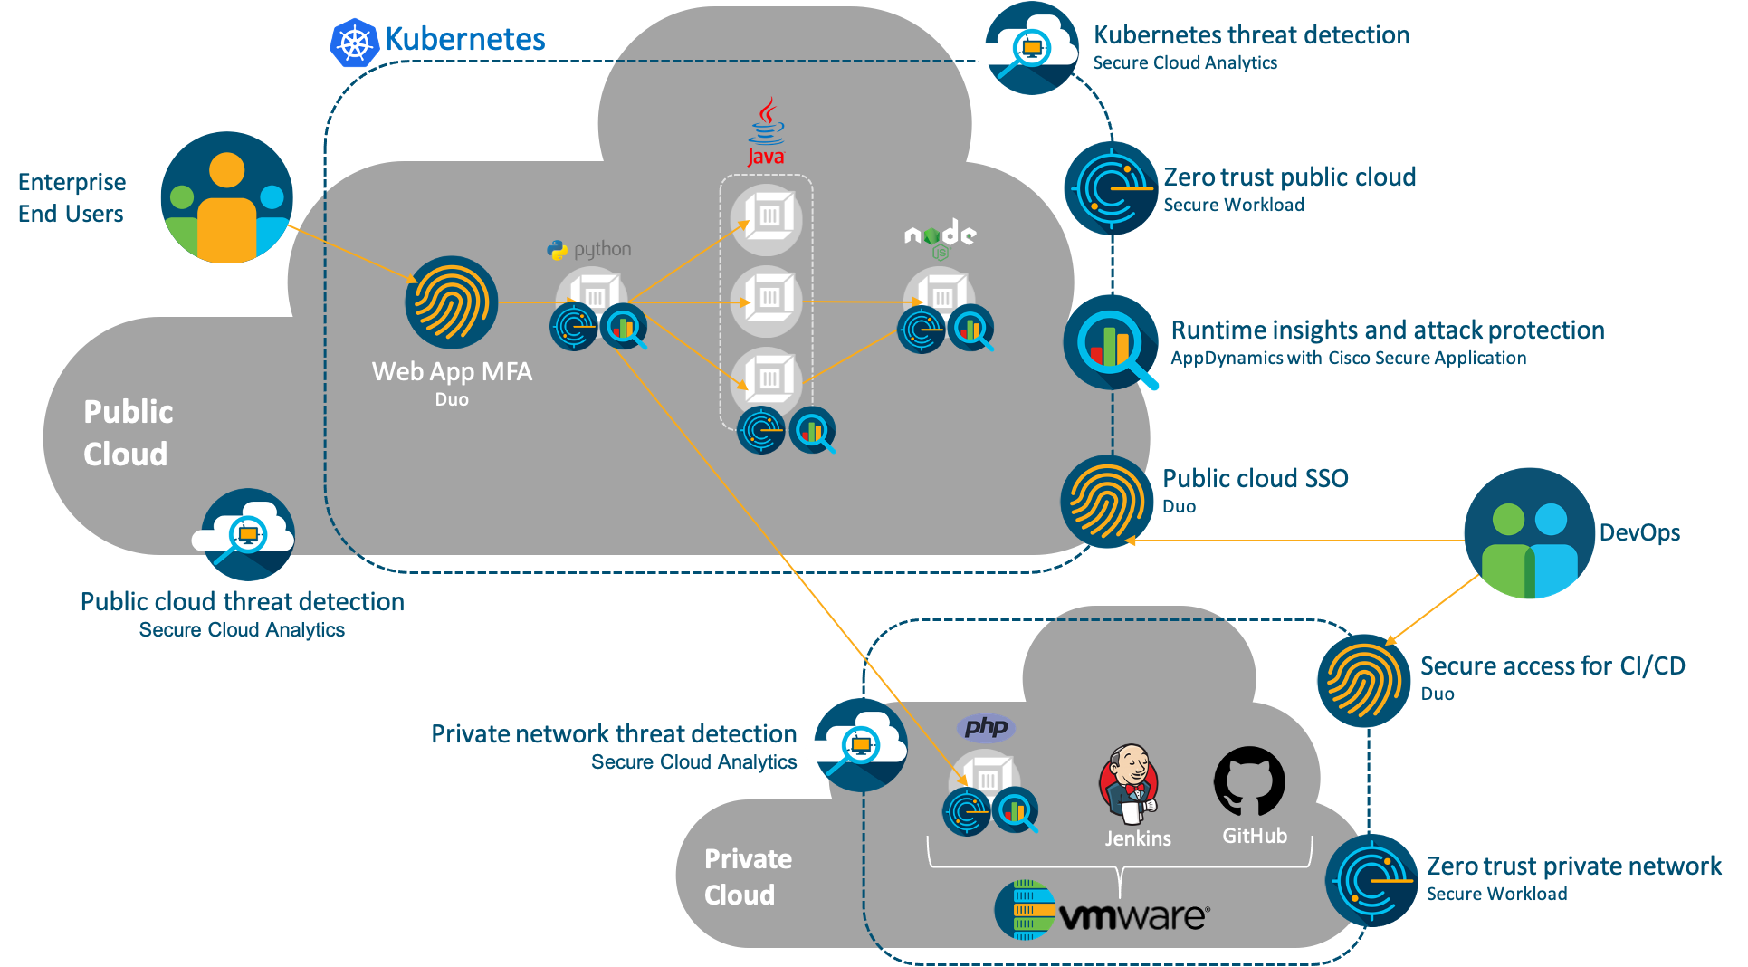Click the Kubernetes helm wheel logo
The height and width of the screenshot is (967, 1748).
[x=354, y=42]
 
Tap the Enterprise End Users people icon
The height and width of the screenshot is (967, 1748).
[x=226, y=197]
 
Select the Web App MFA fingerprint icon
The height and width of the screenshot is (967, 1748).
[x=451, y=302]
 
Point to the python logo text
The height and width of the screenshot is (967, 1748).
[x=601, y=249]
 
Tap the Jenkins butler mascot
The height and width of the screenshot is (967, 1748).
[x=1128, y=784]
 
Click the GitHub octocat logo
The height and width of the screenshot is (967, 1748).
[x=1249, y=781]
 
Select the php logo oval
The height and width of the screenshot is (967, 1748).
[x=986, y=727]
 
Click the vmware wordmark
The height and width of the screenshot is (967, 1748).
[x=1132, y=916]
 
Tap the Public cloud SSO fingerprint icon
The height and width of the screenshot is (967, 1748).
[x=1106, y=501]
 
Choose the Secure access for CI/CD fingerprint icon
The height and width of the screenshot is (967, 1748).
[x=1362, y=680]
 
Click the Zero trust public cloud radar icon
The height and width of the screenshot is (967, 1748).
[x=1111, y=188]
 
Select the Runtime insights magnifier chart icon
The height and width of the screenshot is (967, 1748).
[x=1111, y=342]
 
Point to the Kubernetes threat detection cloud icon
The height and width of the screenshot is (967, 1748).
[x=1031, y=48]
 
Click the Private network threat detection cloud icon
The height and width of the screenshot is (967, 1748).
[x=859, y=744]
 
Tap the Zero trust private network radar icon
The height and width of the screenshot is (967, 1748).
[x=1371, y=880]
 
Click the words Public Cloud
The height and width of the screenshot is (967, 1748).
[x=127, y=433]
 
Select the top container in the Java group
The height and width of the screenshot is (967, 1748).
[x=767, y=217]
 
